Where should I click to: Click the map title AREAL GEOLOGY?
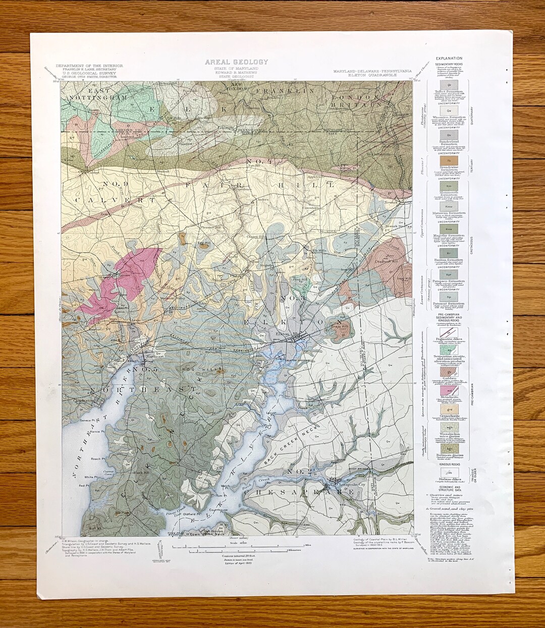tap(236, 62)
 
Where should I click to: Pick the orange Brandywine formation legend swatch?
tap(446, 161)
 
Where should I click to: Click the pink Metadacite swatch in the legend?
tap(446, 389)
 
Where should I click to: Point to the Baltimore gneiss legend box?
tap(446, 447)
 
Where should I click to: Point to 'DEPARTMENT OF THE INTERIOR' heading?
tap(88, 66)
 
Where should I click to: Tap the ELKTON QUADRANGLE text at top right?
tap(372, 74)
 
